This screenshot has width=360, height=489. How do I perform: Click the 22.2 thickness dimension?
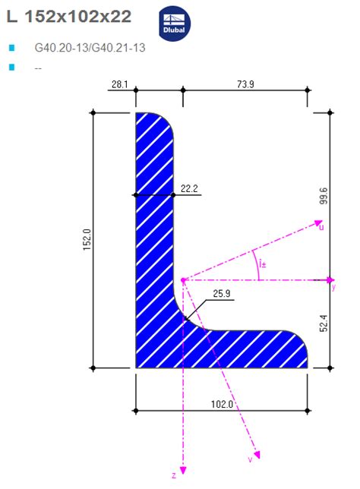coord(190,188)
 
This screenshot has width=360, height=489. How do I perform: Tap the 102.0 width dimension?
coord(222,405)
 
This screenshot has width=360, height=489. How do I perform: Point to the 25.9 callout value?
coord(222,293)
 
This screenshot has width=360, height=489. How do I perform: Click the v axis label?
coord(250,459)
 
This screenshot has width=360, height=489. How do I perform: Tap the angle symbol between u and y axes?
coord(261,263)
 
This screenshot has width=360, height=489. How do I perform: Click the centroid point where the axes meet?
coord(183,279)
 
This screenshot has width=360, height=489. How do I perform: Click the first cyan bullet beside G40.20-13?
coord(11,48)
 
